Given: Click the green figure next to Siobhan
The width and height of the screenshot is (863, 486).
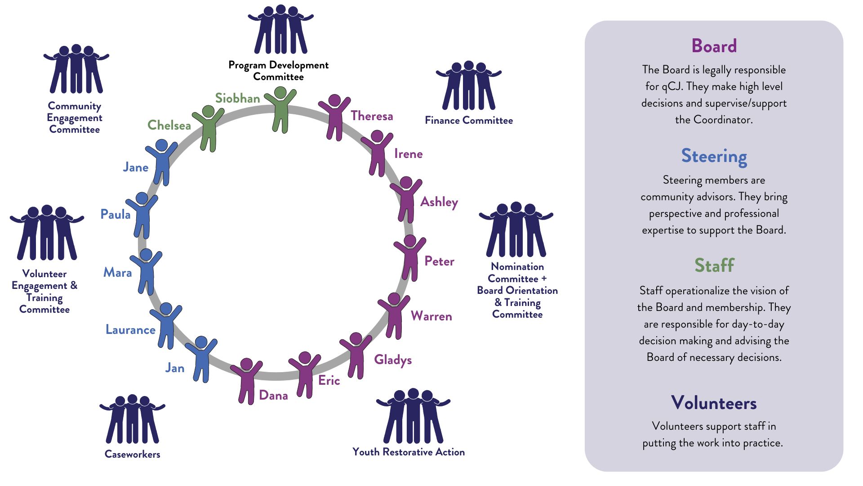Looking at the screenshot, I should point(280,110).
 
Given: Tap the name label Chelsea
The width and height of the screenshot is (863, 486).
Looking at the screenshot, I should point(169,125).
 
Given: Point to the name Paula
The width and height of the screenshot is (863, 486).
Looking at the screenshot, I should point(116,214).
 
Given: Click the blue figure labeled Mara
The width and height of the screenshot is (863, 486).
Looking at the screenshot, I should point(146,272).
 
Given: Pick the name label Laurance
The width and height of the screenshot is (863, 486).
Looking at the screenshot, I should point(130,330).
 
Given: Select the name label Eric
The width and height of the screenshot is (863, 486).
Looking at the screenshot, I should point(329,381).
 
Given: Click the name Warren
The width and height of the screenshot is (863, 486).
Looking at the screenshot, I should point(431,316).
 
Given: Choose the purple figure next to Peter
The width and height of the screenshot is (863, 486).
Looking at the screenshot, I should point(410,258).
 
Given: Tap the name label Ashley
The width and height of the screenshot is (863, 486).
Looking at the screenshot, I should point(439,202).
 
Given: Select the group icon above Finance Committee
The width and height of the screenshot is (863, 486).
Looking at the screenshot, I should point(469,85).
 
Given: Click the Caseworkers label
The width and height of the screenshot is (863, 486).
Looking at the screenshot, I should point(132,454).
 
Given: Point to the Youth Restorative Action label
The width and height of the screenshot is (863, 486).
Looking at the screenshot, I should point(409,452).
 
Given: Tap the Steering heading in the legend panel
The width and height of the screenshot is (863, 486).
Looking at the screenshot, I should point(714,156).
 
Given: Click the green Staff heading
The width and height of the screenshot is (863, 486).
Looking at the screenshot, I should point(714,265).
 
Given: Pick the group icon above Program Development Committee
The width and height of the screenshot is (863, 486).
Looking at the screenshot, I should point(280,30).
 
